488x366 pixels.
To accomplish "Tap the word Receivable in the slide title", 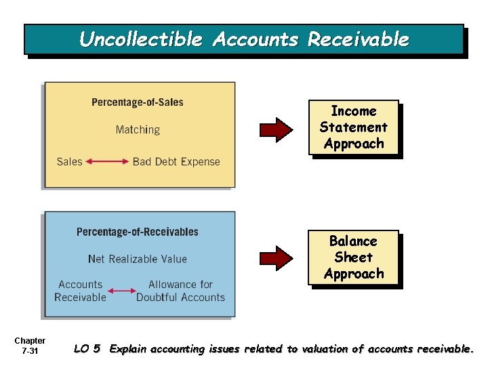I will coord(359,39).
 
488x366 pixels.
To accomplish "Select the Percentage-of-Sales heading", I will coord(138,102).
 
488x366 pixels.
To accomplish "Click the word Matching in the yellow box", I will coord(138,129).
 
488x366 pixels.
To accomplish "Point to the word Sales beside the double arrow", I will coord(69,161).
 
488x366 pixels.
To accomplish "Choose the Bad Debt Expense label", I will coord(176,161).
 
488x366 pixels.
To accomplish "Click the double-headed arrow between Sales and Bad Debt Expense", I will coord(108,161).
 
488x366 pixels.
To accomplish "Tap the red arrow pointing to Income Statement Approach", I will coord(277,129).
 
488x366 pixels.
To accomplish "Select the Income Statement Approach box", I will coord(353,127).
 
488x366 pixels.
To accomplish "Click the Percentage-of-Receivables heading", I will coord(138,232).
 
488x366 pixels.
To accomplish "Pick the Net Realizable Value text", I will coord(138,259).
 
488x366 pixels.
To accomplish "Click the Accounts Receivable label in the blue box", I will coord(81,291).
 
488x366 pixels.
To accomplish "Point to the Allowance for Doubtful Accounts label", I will coord(180,291).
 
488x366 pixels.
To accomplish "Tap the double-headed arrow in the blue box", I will coord(122,291).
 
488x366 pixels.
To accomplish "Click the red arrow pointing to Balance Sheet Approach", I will coord(277,257).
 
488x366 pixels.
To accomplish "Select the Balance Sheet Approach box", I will coord(353,258).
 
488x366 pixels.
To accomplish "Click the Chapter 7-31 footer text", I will coord(30,346).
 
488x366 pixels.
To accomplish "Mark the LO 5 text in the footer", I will coord(87,349).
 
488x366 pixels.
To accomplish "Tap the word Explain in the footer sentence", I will coord(130,349).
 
